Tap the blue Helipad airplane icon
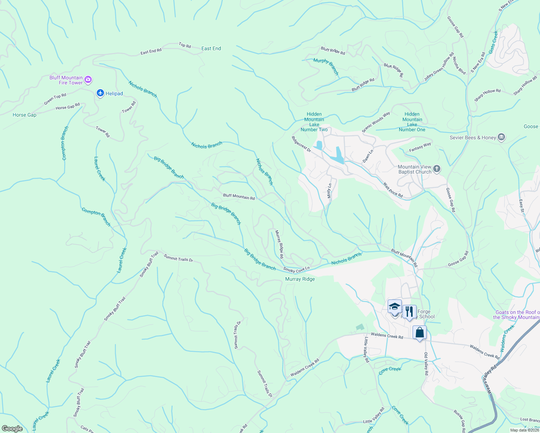click(100, 93)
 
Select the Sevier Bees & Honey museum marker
click(501, 137)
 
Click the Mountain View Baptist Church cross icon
click(436, 169)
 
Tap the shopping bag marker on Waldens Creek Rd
click(419, 332)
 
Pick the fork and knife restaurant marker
click(409, 311)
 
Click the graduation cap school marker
click(395, 307)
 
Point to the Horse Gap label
click(25, 115)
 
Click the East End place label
click(211, 48)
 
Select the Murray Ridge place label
click(300, 279)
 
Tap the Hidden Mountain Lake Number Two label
click(314, 122)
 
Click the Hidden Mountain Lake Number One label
click(412, 122)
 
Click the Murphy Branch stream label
click(326, 67)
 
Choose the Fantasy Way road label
click(420, 147)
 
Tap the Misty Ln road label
click(329, 191)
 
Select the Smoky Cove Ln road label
click(296, 270)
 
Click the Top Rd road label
click(185, 45)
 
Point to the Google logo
click(12, 428)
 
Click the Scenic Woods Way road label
click(376, 122)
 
